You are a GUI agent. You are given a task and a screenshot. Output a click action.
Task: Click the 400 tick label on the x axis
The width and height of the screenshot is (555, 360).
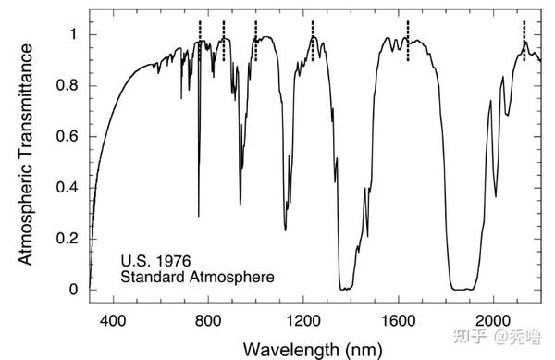[x=113, y=321]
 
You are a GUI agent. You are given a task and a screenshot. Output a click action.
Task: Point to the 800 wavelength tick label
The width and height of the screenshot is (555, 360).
[x=208, y=321]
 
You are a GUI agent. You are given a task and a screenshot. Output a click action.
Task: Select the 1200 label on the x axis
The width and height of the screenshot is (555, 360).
[x=303, y=321]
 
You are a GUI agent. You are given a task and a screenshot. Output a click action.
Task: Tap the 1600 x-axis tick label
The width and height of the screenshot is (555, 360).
[x=399, y=321]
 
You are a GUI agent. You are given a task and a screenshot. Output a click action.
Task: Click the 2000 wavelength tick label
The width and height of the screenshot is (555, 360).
[x=493, y=321]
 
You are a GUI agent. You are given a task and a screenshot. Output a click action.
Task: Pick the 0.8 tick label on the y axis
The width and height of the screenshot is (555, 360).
[x=67, y=85]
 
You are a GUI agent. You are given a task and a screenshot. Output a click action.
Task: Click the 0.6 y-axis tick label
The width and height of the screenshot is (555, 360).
[x=67, y=136]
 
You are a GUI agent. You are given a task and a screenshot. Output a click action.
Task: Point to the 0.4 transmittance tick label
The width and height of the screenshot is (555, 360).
[x=67, y=188]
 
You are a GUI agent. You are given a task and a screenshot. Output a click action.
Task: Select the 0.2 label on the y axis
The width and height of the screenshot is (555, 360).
[x=67, y=239]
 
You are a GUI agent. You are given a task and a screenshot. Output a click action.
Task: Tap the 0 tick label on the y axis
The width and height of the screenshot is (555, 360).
[x=73, y=290]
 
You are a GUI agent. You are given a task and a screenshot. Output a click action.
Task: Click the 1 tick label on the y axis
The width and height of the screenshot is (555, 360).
[x=74, y=34]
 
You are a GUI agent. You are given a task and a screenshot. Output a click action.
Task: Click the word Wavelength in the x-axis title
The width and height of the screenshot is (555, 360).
[x=290, y=350]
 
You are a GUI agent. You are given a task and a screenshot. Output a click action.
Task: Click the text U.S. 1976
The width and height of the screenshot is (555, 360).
[x=155, y=261]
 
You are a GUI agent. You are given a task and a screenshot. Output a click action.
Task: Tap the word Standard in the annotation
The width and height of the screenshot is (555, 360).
[x=154, y=277]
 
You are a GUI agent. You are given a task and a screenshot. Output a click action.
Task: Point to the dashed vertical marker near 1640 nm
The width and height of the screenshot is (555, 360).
[x=408, y=41]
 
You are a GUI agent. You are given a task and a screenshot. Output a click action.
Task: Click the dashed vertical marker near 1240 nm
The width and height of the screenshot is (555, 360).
[x=313, y=41]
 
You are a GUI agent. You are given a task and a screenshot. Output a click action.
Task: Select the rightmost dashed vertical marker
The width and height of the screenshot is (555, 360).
[x=524, y=41]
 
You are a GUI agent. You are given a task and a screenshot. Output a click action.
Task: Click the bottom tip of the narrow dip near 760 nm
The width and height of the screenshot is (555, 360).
[x=199, y=217]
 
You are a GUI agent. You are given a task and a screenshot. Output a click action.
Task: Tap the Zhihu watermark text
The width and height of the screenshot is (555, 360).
[x=497, y=336]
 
